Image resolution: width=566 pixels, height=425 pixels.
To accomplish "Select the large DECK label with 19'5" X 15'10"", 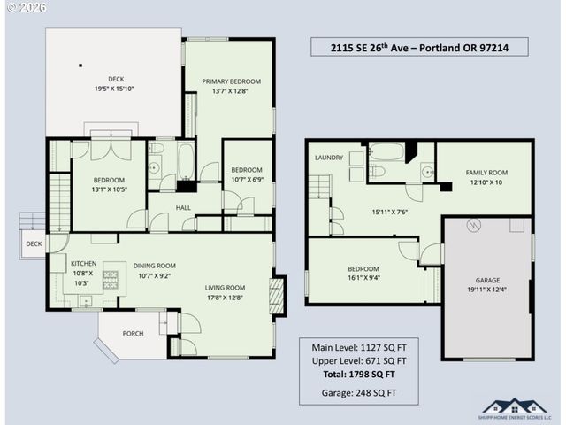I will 116,78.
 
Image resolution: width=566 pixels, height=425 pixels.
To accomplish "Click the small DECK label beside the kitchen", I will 33,243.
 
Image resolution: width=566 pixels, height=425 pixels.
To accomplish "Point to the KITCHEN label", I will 83,263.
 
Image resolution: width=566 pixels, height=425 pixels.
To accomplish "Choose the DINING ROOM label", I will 155,265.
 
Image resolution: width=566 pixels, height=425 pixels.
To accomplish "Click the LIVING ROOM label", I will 225,287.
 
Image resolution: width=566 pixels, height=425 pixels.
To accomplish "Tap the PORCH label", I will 134,334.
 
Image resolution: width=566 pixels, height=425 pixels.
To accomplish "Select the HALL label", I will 183,207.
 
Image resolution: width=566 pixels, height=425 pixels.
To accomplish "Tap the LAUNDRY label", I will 328,158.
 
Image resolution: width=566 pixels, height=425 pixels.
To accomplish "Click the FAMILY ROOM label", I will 486,173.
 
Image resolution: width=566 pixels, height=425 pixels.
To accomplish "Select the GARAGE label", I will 487,279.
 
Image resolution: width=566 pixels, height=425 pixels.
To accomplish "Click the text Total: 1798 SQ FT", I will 353,375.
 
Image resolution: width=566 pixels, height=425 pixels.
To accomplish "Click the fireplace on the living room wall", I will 277,296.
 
